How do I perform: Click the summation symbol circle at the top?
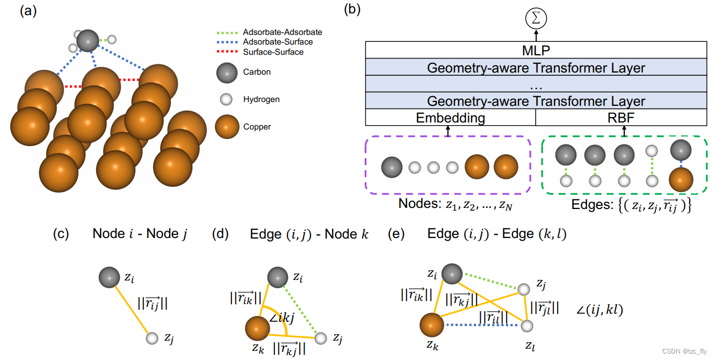tap(536, 19)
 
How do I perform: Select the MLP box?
tap(536, 51)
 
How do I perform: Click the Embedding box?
tap(450, 118)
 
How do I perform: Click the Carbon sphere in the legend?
tap(227, 72)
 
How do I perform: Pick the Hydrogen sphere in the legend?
tap(227, 99)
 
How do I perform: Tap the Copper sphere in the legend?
tap(227, 127)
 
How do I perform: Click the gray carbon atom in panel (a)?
tap(88, 40)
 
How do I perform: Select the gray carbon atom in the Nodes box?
tap(392, 167)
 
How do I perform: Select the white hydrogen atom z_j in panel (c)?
tap(152, 338)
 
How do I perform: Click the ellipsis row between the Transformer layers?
tap(536, 85)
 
